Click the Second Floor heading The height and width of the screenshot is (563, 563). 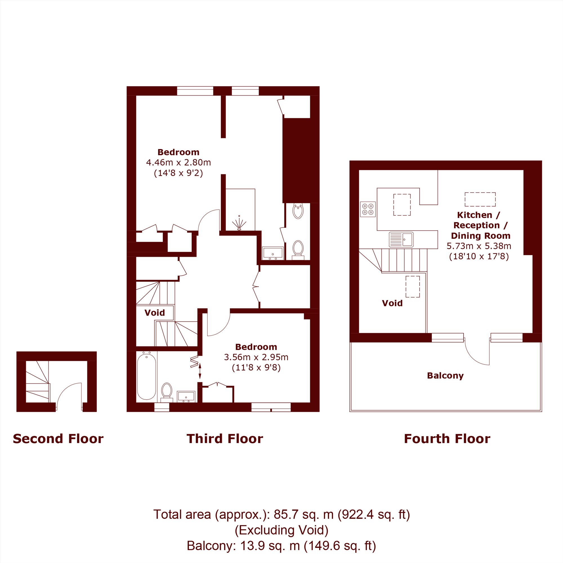tap(58, 439)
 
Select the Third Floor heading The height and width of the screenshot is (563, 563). tap(225, 439)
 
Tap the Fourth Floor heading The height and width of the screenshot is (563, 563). tap(447, 439)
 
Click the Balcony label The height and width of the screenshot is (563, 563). tap(445, 376)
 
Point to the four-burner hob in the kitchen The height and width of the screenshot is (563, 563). tap(368, 209)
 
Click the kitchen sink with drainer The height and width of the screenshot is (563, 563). tap(401, 240)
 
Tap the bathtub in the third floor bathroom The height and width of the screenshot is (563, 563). tap(147, 376)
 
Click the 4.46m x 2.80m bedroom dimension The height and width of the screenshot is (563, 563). tap(178, 162)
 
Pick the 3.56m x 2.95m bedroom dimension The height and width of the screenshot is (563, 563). tap(256, 357)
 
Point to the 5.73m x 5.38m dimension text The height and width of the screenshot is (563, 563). tap(479, 246)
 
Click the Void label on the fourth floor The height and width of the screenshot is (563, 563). tap(392, 303)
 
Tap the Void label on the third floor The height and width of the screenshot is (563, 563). tap(155, 313)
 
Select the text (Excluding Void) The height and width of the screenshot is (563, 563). tap(281, 530)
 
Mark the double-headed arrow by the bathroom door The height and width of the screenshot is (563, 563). tap(200, 371)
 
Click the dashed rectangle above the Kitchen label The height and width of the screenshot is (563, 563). tap(480, 199)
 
